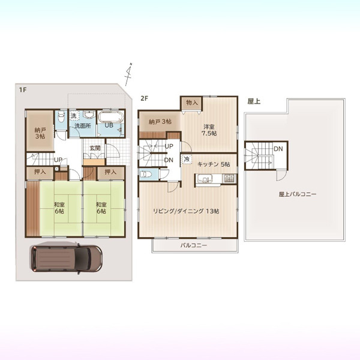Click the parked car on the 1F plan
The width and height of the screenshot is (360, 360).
pyautogui.click(x=67, y=259)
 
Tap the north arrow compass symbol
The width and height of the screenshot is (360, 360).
pyautogui.click(x=129, y=74)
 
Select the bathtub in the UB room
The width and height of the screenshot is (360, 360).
pyautogui.click(x=112, y=117)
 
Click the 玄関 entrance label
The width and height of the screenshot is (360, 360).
pyautogui.click(x=95, y=148)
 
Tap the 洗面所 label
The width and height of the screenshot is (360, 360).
pyautogui.click(x=83, y=126)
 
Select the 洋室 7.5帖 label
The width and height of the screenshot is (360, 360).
pyautogui.click(x=209, y=130)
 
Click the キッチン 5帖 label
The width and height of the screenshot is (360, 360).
pyautogui.click(x=214, y=164)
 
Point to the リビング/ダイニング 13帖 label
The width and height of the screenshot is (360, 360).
pyautogui.click(x=186, y=211)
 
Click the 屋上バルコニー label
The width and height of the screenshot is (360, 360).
pyautogui.click(x=298, y=194)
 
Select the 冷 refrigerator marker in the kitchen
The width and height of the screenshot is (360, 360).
pyautogui.click(x=187, y=159)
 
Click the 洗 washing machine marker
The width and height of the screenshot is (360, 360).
pyautogui.click(x=74, y=116)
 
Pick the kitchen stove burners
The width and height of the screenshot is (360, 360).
pyautogui.click(x=229, y=178)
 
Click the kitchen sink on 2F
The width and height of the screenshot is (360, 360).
pyautogui.click(x=203, y=178)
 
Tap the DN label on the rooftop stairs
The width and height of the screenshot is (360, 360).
pyautogui.click(x=278, y=149)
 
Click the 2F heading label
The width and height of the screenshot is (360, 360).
pyautogui.click(x=145, y=98)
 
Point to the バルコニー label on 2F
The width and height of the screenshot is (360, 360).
pyautogui.click(x=194, y=245)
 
